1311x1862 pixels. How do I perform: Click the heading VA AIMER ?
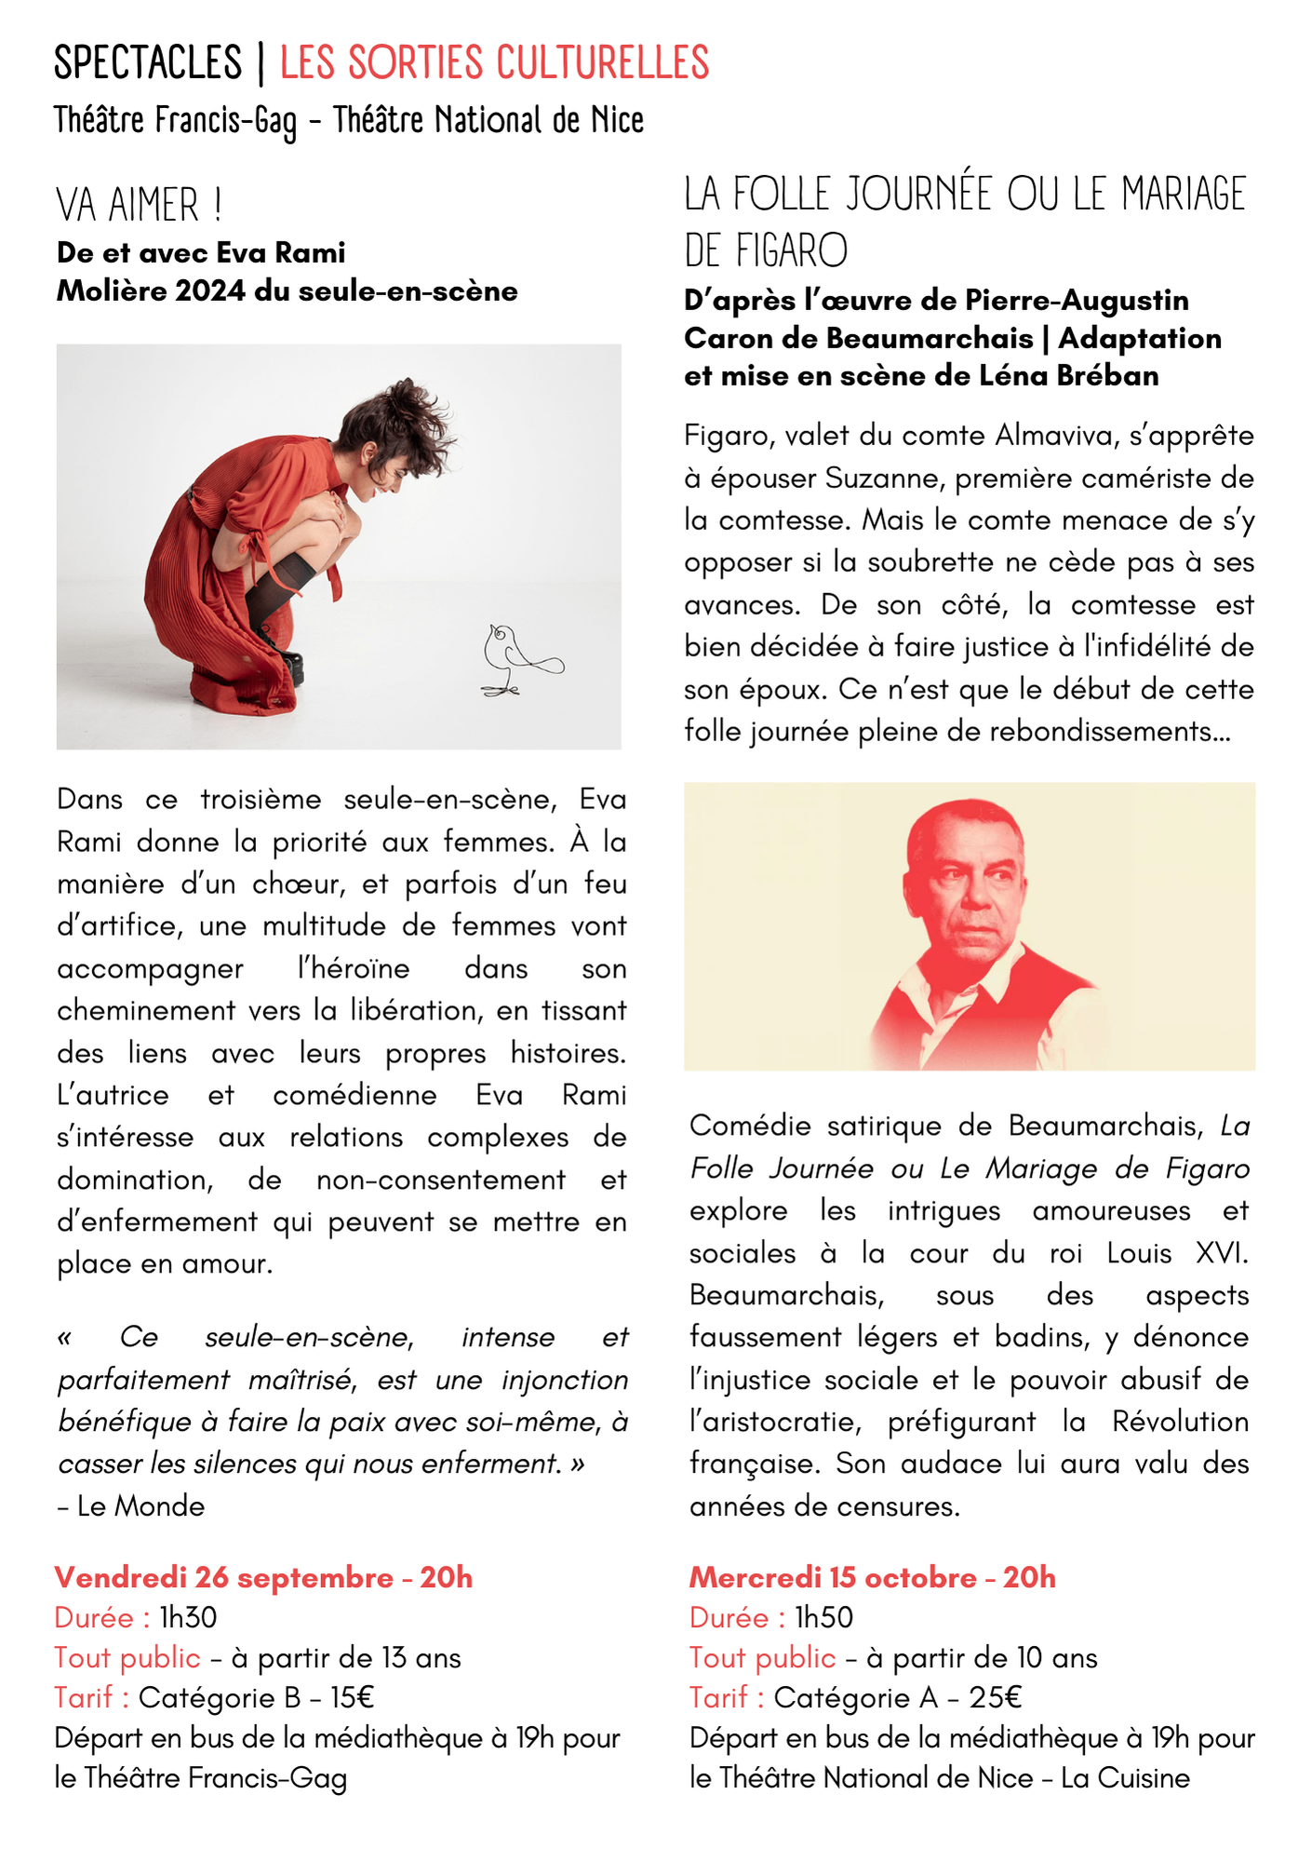coord(139,205)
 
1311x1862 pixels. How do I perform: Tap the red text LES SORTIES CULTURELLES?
coord(494,63)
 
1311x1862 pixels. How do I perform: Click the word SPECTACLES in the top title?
coord(148,63)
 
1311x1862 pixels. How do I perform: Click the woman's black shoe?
coord(284,661)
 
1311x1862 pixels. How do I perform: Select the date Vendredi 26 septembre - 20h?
coord(263,1577)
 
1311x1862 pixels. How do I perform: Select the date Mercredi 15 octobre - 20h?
coord(872,1577)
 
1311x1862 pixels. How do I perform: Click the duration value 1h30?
coord(188,1617)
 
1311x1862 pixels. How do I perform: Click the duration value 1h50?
coord(823,1617)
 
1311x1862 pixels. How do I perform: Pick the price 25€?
coord(995,1697)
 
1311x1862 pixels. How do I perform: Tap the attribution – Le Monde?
coord(131,1505)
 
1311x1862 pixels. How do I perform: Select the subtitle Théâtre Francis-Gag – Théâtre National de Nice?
coord(349,121)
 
